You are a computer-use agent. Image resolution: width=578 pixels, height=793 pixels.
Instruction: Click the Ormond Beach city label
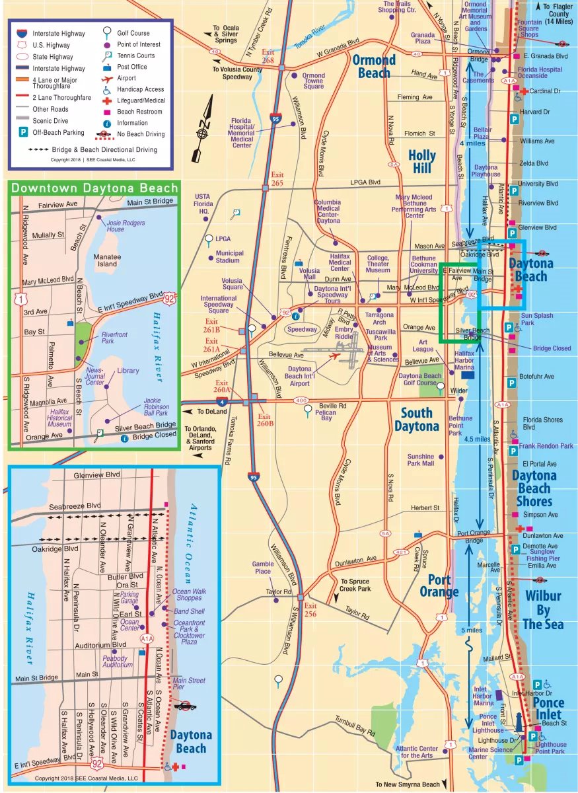pyautogui.click(x=374, y=66)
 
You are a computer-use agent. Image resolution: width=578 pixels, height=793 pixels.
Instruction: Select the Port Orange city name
pyautogui.click(x=438, y=585)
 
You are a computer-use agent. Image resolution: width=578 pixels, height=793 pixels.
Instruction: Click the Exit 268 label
pyautogui.click(x=268, y=56)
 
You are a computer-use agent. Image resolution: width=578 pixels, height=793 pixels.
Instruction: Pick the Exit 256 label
pyautogui.click(x=310, y=610)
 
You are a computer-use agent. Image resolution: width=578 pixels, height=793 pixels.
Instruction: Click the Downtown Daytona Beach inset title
pyautogui.click(x=94, y=188)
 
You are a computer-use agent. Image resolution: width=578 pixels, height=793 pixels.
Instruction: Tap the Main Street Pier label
pyautogui.click(x=189, y=684)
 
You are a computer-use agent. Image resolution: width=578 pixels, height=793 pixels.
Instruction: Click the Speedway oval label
pyautogui.click(x=302, y=328)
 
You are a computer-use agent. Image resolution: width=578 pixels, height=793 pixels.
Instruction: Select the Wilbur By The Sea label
pyautogui.click(x=542, y=609)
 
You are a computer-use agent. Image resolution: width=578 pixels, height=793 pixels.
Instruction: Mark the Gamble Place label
pyautogui.click(x=263, y=568)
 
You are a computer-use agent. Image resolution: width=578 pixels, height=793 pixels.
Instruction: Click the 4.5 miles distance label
pyautogui.click(x=477, y=439)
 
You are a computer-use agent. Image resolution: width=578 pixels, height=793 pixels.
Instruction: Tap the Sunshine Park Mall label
pyautogui.click(x=421, y=460)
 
